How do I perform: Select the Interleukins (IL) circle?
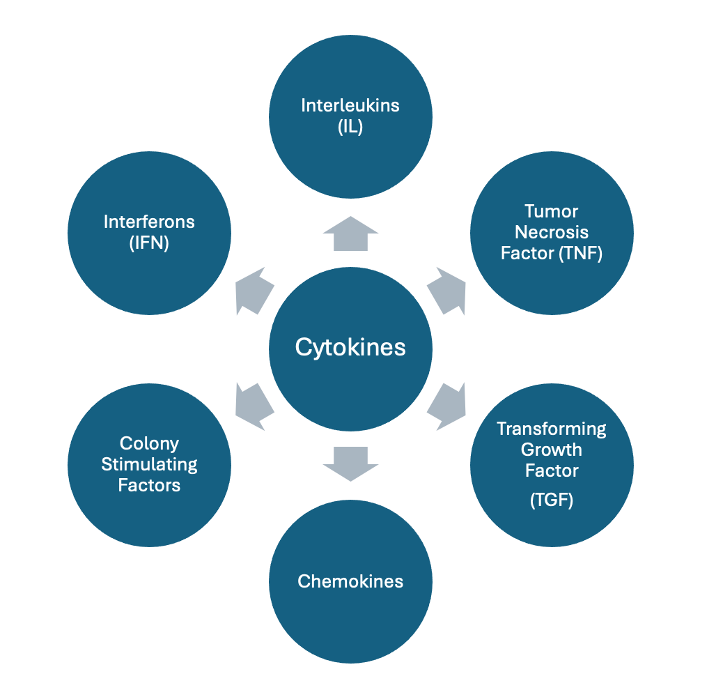350,117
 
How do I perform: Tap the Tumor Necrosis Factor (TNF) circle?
551,232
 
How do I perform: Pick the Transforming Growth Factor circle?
551,464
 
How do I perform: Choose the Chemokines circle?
350,581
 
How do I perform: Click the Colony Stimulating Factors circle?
149,464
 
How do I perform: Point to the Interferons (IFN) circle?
149,232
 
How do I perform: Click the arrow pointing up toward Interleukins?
350,234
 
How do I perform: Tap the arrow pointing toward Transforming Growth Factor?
446,406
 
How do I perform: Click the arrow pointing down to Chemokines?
350,461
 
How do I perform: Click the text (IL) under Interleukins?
350,128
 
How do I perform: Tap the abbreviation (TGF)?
551,500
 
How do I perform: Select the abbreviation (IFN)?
149,243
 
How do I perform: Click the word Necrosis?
551,232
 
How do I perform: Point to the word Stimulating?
149,464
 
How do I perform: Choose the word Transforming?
551,429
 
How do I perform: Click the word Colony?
149,443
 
